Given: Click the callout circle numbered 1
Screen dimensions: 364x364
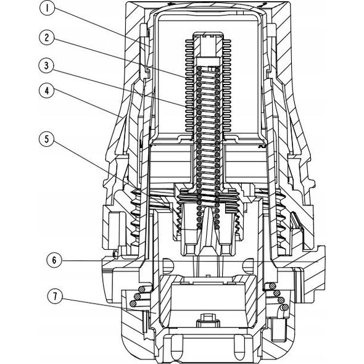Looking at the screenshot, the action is (x=47, y=9).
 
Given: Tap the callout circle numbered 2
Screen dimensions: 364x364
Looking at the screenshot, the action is (x=47, y=38).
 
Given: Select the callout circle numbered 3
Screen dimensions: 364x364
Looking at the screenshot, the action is (x=47, y=65).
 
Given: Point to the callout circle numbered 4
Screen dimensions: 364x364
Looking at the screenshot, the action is (x=47, y=91).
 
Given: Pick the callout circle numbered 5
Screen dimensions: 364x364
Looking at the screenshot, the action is (x=47, y=139).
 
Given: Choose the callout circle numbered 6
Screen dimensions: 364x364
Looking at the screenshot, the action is (x=54, y=260).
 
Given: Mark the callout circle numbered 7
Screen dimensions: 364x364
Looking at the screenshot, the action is (x=55, y=297).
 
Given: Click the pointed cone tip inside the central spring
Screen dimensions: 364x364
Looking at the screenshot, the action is (x=208, y=209).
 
